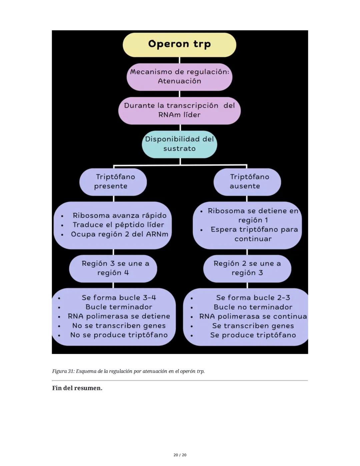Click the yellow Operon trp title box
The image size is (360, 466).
tap(179, 44)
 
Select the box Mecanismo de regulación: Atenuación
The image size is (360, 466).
tap(179, 76)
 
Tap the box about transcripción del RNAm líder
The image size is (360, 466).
tap(179, 110)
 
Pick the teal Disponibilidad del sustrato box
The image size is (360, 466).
tap(179, 144)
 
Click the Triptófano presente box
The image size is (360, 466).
tap(113, 181)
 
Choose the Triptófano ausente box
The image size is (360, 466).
tap(247, 181)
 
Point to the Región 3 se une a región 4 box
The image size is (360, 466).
tap(113, 268)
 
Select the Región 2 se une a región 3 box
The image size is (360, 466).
tap(247, 268)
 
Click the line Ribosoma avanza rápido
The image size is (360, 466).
tap(119, 215)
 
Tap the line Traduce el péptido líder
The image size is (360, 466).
tap(118, 225)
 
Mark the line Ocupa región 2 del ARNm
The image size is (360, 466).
tap(119, 234)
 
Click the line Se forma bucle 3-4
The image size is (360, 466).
tap(119, 298)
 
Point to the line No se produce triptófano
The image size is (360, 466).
tap(119, 335)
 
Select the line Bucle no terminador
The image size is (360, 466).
tap(253, 307)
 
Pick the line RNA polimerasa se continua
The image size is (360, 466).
tap(253, 316)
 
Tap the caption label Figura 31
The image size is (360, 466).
tap(63, 371)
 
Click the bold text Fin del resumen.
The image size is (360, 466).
tap(77, 388)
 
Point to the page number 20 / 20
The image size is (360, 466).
tap(180, 455)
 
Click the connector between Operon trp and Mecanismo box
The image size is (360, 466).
tap(180, 60)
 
